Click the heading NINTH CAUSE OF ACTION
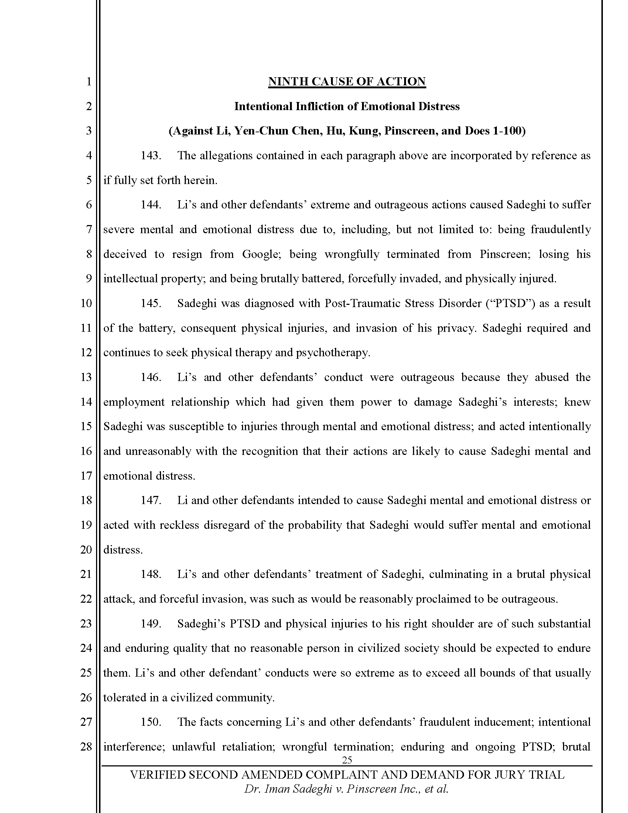[x=347, y=82]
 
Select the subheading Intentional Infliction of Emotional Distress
[x=347, y=106]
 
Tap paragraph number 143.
[x=150, y=156]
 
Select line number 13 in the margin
[x=86, y=377]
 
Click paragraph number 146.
[x=150, y=377]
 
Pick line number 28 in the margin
[x=86, y=747]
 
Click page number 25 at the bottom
[x=347, y=760]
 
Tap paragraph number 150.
[x=150, y=722]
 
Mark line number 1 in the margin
[x=89, y=82]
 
